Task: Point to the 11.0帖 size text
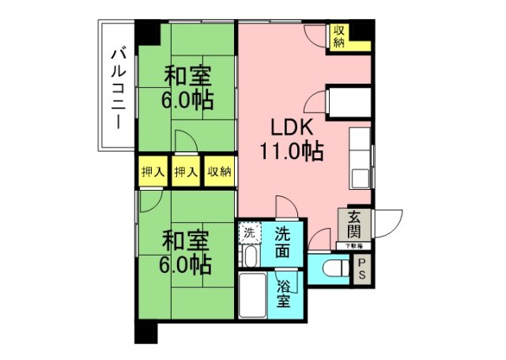pyautogui.click(x=292, y=150)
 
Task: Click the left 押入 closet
pyautogui.click(x=153, y=172)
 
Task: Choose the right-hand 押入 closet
pyautogui.click(x=186, y=172)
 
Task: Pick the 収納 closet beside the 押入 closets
pyautogui.click(x=219, y=172)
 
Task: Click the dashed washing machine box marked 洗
pyautogui.click(x=250, y=233)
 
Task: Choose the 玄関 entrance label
pyautogui.click(x=353, y=224)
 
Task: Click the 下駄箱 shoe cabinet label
pyautogui.click(x=354, y=246)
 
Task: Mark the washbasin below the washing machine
pyautogui.click(x=249, y=256)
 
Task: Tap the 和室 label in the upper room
pyautogui.click(x=187, y=77)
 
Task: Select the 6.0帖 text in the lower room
pyautogui.click(x=187, y=263)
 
